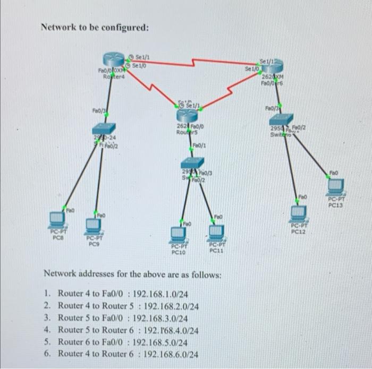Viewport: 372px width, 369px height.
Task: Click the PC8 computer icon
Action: coord(56,218)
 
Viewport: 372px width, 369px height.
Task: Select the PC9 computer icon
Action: coord(93,226)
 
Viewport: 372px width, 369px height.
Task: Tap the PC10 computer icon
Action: coord(177,234)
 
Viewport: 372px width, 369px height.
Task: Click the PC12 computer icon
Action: coord(299,213)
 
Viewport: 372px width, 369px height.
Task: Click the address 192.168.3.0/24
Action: coord(160,318)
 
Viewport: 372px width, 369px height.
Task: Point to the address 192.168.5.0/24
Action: coord(160,342)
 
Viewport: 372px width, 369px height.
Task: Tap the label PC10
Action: coord(177,253)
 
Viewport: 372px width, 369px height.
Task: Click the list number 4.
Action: coord(47,330)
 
